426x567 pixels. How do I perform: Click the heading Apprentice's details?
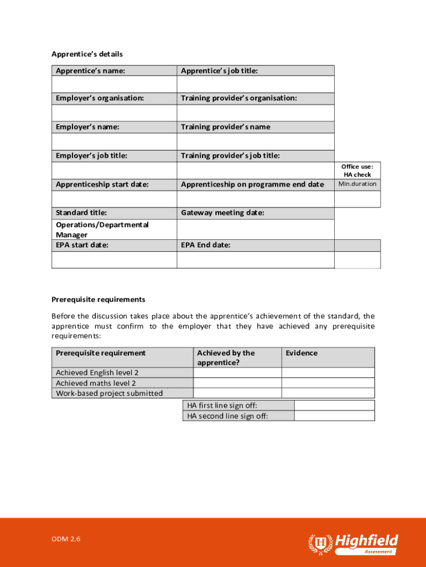[87, 54]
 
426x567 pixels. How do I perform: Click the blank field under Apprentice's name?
[114, 84]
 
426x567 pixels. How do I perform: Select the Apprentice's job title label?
[219, 71]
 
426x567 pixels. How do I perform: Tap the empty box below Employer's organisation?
[114, 112]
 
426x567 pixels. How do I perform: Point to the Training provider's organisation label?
[239, 99]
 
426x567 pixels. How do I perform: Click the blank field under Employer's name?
[114, 141]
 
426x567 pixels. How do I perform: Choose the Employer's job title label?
[91, 156]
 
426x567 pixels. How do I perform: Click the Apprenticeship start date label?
[102, 184]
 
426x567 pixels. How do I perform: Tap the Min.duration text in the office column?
[357, 184]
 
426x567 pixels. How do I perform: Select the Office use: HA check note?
[357, 171]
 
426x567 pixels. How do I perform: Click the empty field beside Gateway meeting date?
[255, 229]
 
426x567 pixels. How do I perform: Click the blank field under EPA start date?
[114, 260]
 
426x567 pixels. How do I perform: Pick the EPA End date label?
[206, 245]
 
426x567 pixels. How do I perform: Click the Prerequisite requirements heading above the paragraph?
[98, 300]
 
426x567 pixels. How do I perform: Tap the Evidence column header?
[302, 353]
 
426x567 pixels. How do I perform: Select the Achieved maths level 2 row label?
[96, 383]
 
